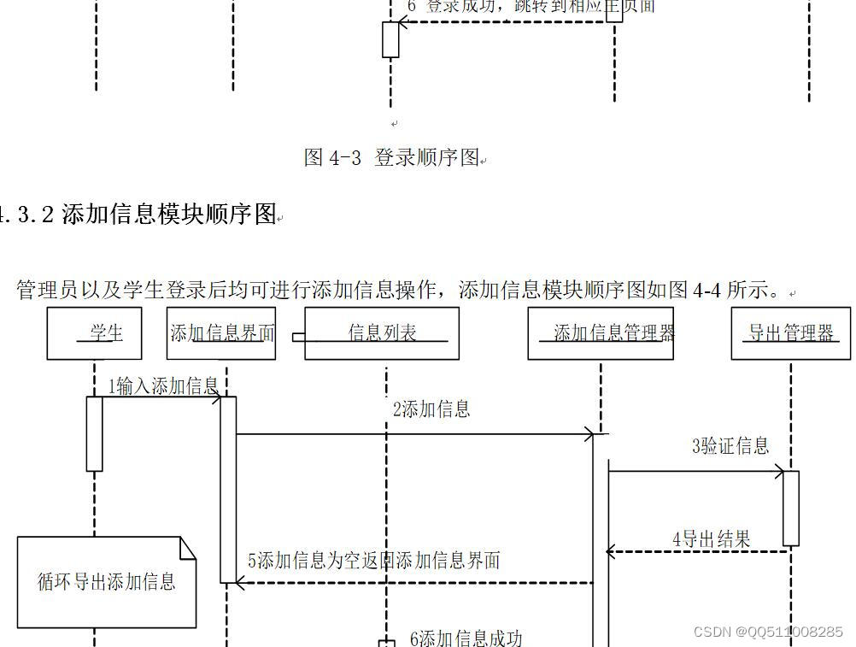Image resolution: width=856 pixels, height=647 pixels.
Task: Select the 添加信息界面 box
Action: coord(221,333)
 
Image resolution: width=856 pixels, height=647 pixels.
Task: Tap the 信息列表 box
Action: coord(382,333)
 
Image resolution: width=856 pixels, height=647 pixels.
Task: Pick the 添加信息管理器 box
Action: coord(601,333)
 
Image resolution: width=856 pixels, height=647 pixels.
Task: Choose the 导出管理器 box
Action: coord(790,333)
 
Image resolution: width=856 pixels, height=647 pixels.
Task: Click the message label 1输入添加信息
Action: coord(163,386)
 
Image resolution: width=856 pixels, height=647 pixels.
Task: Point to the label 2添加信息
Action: coord(431,409)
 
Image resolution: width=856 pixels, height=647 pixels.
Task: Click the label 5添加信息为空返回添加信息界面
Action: coord(374,561)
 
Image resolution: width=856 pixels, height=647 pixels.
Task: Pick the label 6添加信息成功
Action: coord(466,638)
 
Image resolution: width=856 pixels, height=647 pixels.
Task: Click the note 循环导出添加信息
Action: coord(107,582)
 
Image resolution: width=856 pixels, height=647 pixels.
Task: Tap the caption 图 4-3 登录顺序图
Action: coord(391,157)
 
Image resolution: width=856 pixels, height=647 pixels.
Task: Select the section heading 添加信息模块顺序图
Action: coord(170,214)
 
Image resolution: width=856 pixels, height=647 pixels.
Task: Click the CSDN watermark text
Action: coord(768,632)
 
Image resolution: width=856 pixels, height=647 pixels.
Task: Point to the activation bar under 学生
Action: coord(94,433)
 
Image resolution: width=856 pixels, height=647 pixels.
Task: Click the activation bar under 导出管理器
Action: coord(791,508)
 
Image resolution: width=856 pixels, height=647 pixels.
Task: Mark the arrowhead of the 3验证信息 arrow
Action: coord(781,470)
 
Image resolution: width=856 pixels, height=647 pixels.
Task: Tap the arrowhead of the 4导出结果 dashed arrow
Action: coord(610,552)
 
